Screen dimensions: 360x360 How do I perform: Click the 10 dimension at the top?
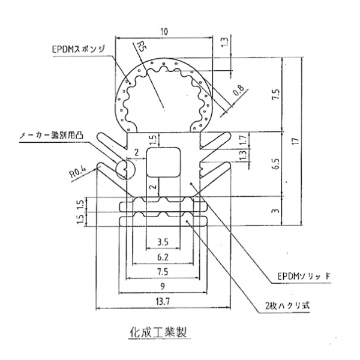[163, 31]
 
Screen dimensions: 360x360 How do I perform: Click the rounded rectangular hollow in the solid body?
[164, 162]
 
